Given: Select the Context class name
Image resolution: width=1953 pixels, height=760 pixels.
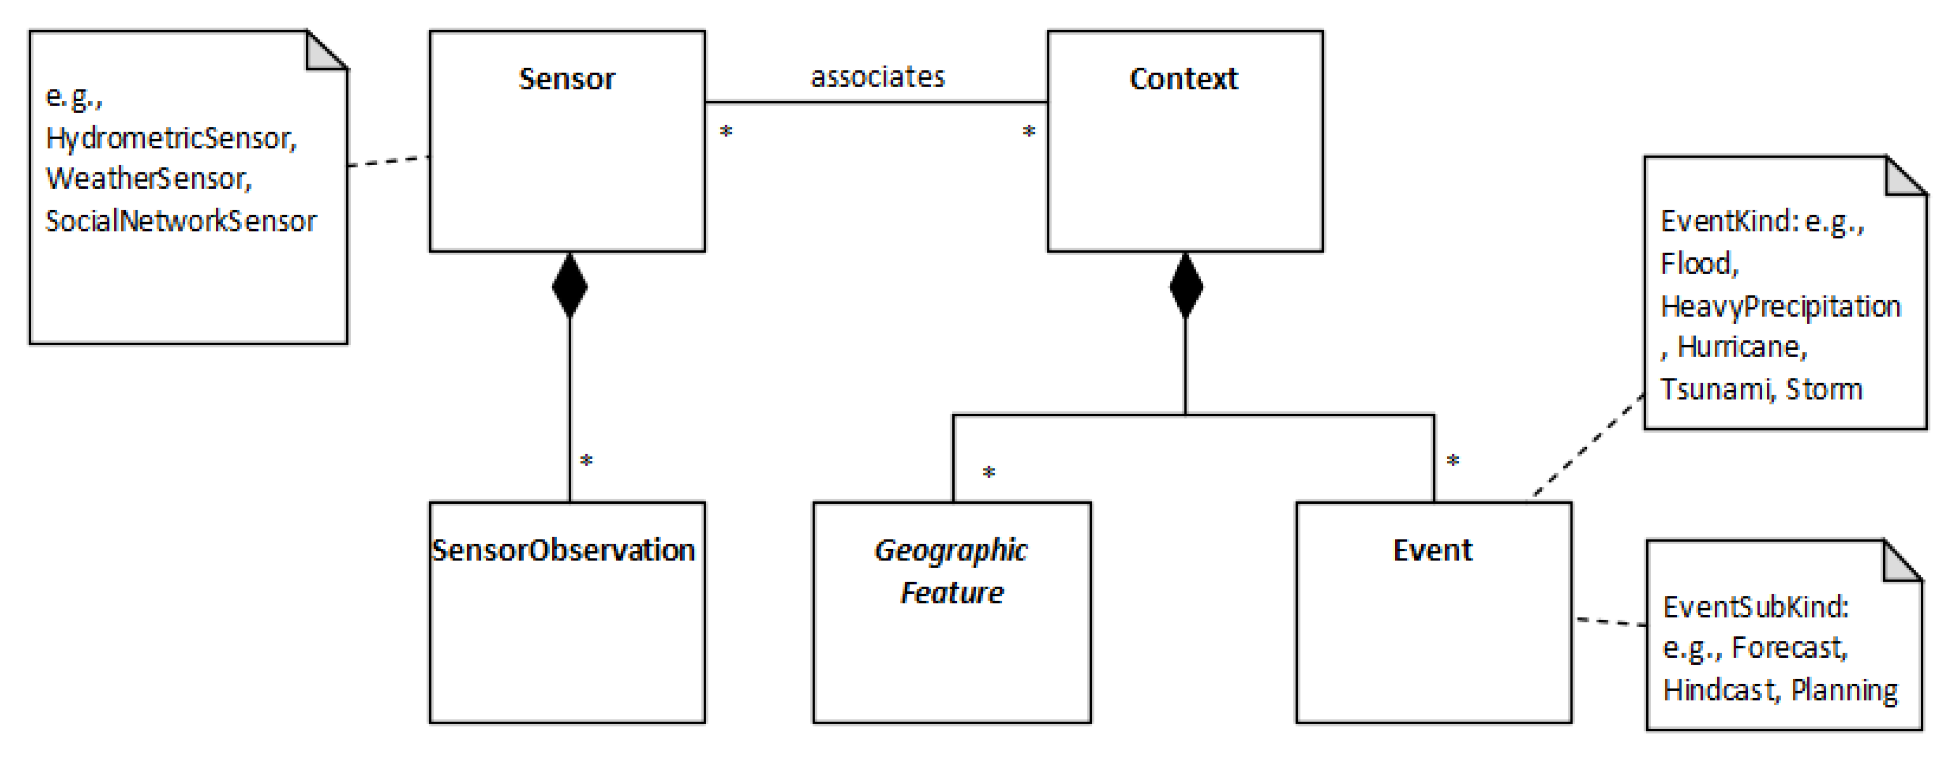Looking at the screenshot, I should coord(1183,79).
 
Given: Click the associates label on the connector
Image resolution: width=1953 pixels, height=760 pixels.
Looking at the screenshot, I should coord(878,77).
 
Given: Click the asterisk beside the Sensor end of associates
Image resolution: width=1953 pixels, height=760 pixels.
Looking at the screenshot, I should coord(726,132).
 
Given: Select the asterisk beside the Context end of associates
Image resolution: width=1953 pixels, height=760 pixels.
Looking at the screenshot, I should coord(1029,132).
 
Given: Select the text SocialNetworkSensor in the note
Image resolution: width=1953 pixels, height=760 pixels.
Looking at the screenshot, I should coord(181,221).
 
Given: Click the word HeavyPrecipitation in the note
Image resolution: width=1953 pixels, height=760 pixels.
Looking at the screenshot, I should coord(1780,306).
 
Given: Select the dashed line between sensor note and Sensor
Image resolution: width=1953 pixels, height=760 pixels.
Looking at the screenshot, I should coord(388,161).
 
